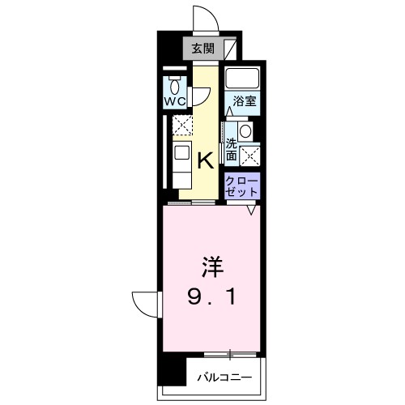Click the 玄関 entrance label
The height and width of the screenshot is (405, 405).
point(204,48)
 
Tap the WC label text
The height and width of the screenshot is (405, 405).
point(177,102)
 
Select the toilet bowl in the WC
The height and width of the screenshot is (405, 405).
point(177,84)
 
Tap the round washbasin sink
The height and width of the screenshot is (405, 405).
point(245,130)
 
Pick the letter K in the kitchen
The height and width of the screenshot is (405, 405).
point(206,160)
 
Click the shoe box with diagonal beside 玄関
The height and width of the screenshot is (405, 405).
point(232,48)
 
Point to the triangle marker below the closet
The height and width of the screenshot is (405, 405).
point(252,209)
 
